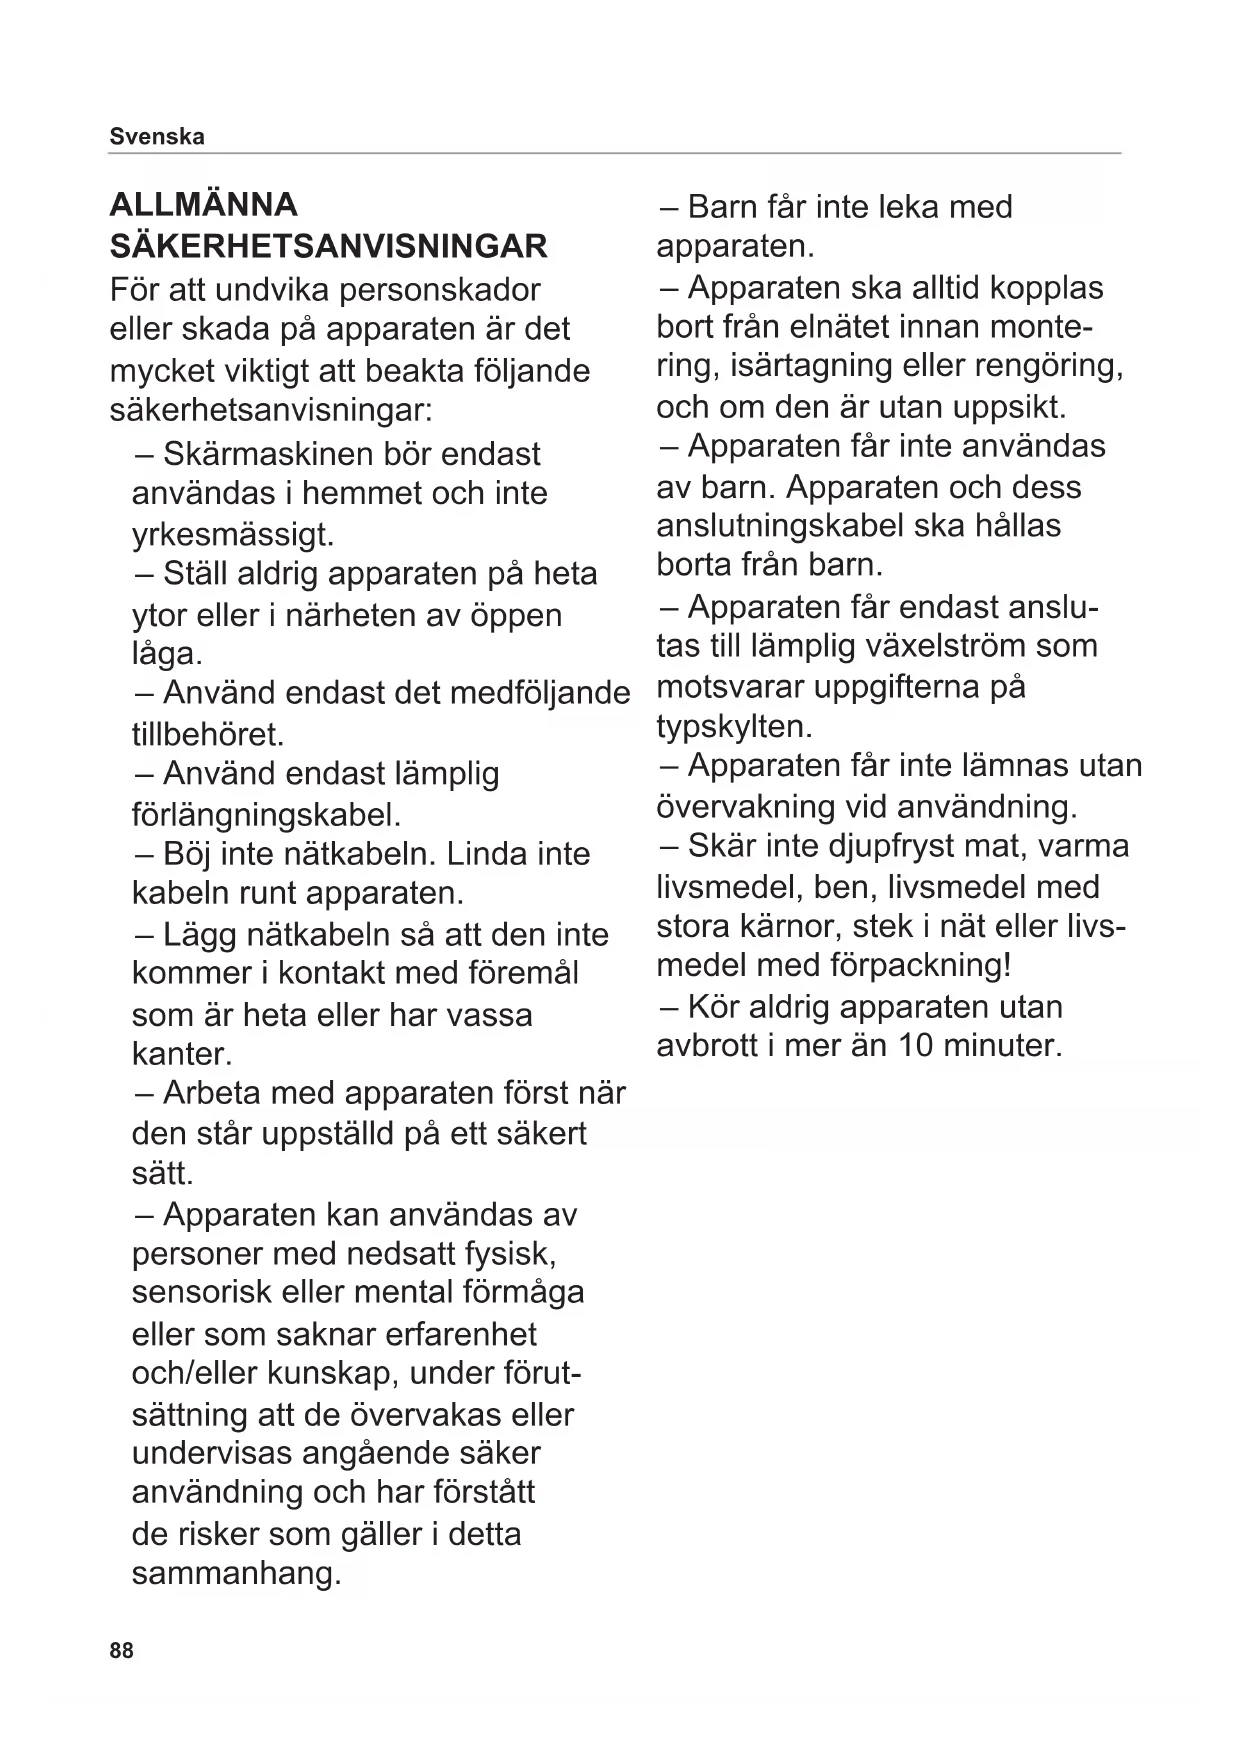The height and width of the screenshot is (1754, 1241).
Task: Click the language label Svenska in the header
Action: point(156,137)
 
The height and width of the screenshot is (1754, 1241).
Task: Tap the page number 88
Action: point(121,1650)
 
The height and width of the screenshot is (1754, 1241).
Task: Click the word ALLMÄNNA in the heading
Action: point(203,205)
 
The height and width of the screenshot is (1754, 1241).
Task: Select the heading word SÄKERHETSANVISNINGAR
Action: point(328,246)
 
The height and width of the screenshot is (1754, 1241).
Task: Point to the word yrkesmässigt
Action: point(233,534)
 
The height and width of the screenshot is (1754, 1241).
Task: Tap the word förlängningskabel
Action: point(266,814)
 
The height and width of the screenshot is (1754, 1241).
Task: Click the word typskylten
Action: point(734,726)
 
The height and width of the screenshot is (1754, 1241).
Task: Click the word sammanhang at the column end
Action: point(236,1574)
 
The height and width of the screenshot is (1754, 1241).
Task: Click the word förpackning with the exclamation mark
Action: point(920,966)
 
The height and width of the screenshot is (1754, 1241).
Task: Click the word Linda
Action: point(487,854)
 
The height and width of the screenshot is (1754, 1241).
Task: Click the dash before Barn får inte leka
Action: point(668,207)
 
